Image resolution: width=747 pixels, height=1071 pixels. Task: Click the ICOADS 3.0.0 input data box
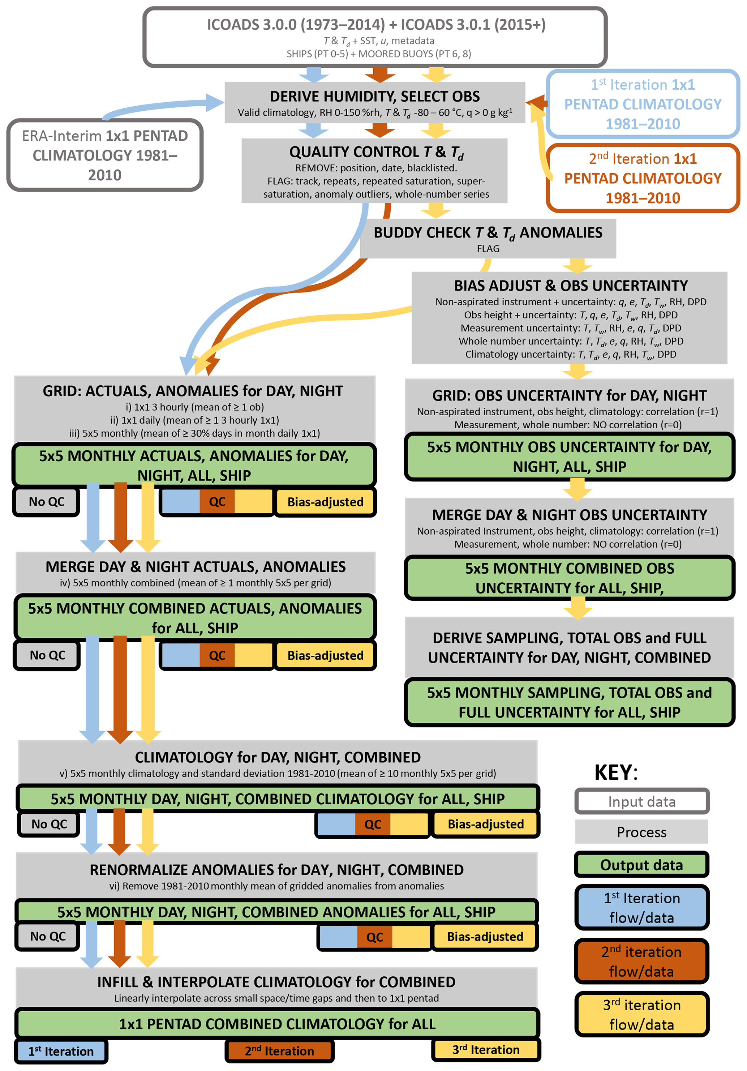pos(375,37)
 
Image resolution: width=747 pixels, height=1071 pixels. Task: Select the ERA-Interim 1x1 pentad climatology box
pos(104,155)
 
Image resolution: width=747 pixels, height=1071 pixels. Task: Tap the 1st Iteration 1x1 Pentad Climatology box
pos(643,104)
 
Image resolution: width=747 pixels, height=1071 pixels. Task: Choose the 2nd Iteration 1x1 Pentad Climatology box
pos(643,178)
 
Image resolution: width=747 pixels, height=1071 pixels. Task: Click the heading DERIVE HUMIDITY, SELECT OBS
pos(374,97)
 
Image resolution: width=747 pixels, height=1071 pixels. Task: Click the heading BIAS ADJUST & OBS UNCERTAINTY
pos(571,286)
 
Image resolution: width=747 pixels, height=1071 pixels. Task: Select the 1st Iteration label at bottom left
pos(61,1051)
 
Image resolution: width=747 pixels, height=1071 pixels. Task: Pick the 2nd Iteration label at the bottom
pos(279,1051)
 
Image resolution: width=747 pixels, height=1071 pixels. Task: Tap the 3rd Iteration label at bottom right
pos(486,1050)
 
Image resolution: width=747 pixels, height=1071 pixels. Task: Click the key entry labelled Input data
pos(641,801)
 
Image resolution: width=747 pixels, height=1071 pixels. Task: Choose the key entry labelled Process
pos(641,832)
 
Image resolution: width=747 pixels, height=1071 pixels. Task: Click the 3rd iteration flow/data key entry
pos(641,1014)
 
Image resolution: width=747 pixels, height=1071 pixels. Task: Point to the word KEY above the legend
pos(615,772)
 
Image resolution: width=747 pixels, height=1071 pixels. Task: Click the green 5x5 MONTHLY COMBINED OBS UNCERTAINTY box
pos(569,578)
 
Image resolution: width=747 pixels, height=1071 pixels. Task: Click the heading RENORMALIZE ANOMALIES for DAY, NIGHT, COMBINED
pos(276,870)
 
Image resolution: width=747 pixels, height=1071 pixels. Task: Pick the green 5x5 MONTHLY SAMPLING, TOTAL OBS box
pos(569,702)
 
